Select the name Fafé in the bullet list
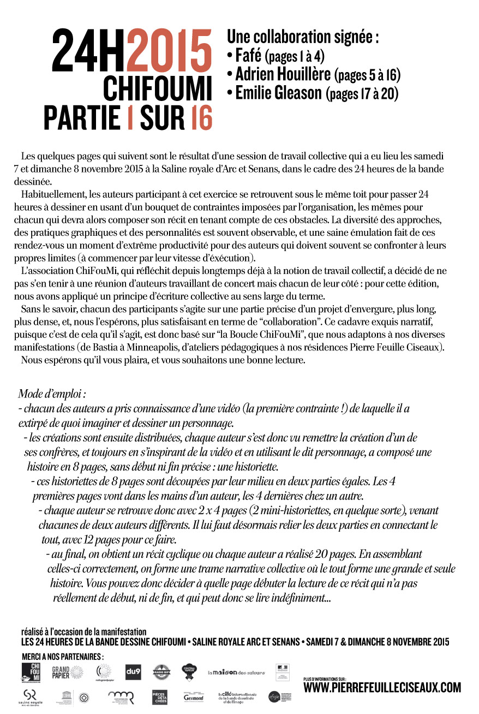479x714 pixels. click(248, 55)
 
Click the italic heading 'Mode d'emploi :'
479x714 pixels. click(52, 394)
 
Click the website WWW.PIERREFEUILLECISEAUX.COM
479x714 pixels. click(382, 688)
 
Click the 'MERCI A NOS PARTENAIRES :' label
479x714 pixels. click(63, 656)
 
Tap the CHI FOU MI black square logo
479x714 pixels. click(32, 672)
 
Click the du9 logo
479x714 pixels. click(133, 671)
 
